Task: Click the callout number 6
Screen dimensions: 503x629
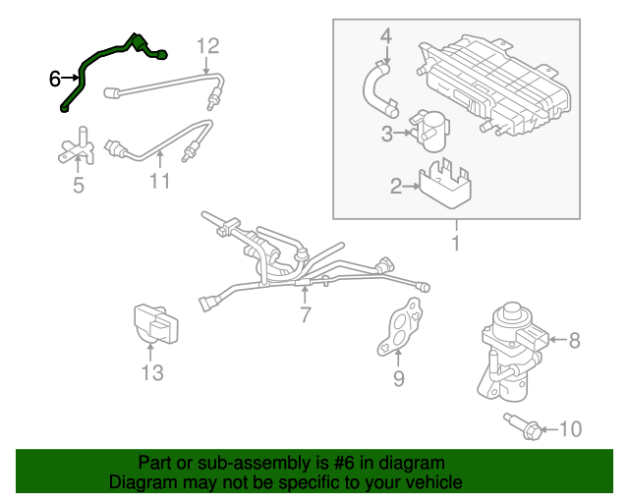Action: click(55, 79)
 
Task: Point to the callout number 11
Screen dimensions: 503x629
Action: click(159, 181)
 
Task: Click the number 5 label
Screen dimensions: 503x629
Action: click(79, 184)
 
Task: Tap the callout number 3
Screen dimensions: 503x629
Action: click(387, 133)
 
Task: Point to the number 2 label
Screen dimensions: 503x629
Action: click(396, 185)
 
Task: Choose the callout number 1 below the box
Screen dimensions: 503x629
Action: click(455, 242)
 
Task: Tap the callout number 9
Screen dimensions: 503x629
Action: click(398, 377)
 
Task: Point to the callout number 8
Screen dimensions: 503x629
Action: click(575, 341)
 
